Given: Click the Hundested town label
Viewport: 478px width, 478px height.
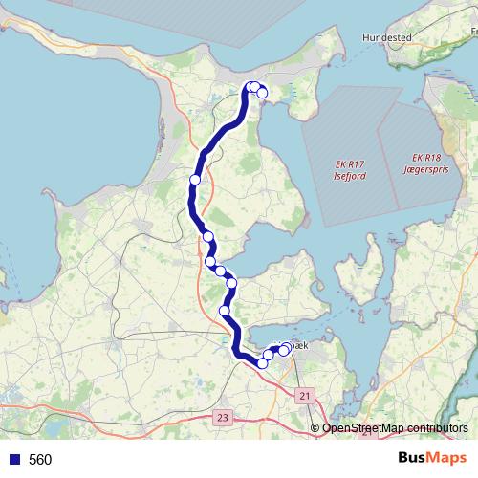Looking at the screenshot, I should click(x=384, y=37).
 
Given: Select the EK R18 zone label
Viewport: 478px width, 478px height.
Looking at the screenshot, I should click(x=427, y=157).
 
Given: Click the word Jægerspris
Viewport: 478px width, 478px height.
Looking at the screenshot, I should click(x=427, y=167).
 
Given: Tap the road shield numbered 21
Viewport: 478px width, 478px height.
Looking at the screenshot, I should click(x=306, y=395).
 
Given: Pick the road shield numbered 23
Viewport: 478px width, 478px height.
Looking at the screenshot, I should click(x=223, y=418).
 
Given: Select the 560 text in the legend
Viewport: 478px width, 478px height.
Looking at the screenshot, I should click(x=40, y=459).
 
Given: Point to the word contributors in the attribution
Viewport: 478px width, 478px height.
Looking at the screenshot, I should click(x=437, y=427).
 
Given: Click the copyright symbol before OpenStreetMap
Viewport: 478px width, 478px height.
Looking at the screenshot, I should click(x=315, y=427).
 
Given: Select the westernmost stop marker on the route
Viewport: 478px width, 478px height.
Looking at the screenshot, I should click(x=195, y=179).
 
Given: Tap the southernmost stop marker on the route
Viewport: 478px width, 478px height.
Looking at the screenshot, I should click(x=262, y=362).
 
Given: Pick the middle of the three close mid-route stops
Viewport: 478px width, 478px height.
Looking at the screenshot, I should click(x=221, y=272).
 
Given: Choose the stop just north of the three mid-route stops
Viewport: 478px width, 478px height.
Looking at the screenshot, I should click(x=207, y=236).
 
